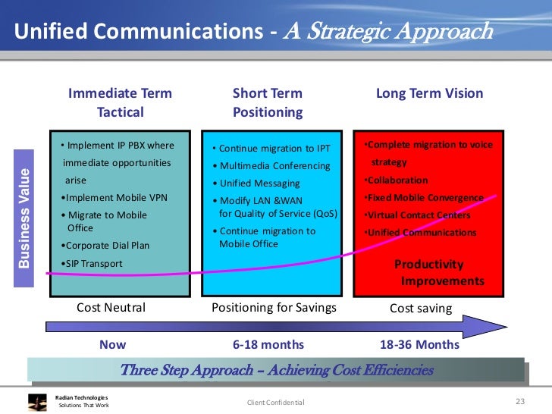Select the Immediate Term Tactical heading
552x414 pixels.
pyautogui.click(x=120, y=103)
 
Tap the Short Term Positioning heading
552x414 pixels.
pyautogui.click(x=267, y=103)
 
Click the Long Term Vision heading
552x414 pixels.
pyautogui.click(x=429, y=94)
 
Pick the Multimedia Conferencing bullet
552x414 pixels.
pyautogui.click(x=271, y=166)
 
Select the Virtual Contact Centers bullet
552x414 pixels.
pyautogui.click(x=419, y=215)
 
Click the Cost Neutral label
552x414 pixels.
pyautogui.click(x=111, y=308)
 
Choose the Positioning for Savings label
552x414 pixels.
pyautogui.click(x=274, y=308)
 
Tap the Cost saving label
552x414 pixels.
pyautogui.click(x=420, y=308)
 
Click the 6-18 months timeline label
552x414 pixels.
pyautogui.click(x=268, y=344)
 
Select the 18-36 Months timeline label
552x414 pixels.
pyautogui.click(x=419, y=344)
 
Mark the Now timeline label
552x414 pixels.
pyautogui.click(x=113, y=344)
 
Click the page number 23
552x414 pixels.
pyautogui.click(x=519, y=401)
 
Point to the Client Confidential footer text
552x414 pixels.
pyautogui.click(x=275, y=402)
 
